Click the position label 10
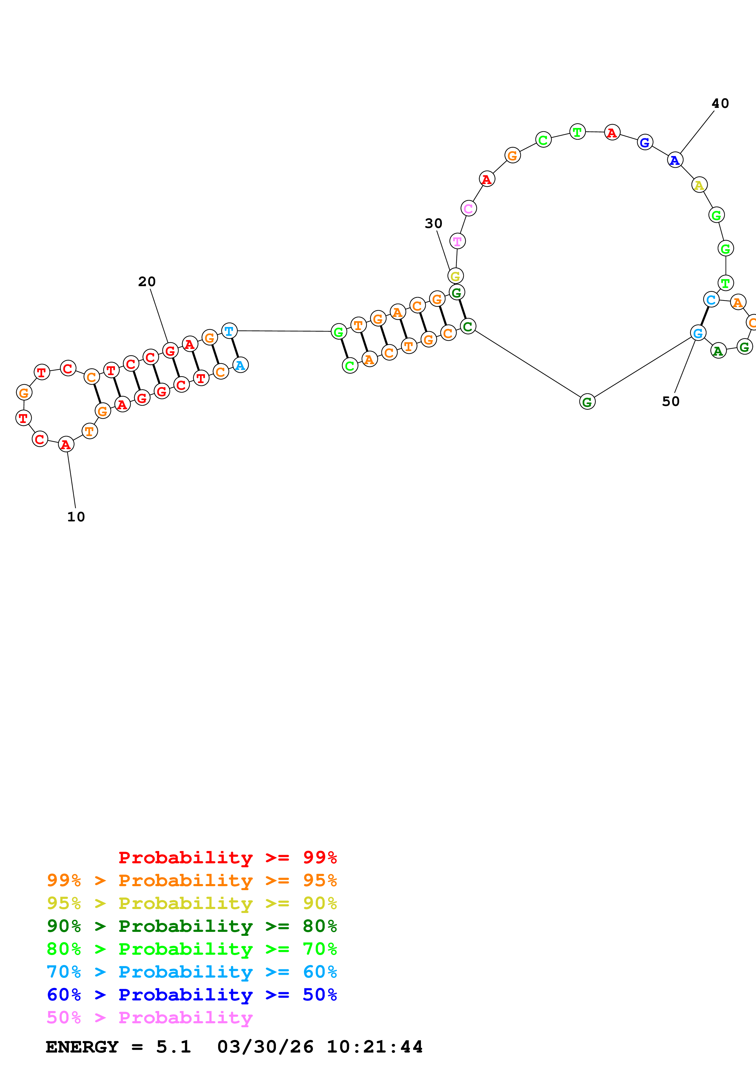click(x=76, y=517)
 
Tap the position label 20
click(x=147, y=282)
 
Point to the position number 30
click(x=433, y=223)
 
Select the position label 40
click(x=720, y=103)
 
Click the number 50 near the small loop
click(x=670, y=401)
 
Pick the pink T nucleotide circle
click(x=457, y=241)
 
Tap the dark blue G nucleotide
click(x=645, y=143)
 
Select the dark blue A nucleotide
click(x=675, y=160)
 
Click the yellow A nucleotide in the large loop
click(x=699, y=185)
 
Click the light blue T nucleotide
click(x=229, y=331)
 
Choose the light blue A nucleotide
click(x=240, y=365)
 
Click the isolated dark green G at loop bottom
click(x=587, y=402)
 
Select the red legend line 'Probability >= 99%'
click(x=227, y=858)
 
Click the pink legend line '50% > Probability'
click(x=149, y=1018)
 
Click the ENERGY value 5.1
click(x=173, y=1047)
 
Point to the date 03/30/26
click(x=265, y=1047)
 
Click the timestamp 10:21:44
click(x=374, y=1047)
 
